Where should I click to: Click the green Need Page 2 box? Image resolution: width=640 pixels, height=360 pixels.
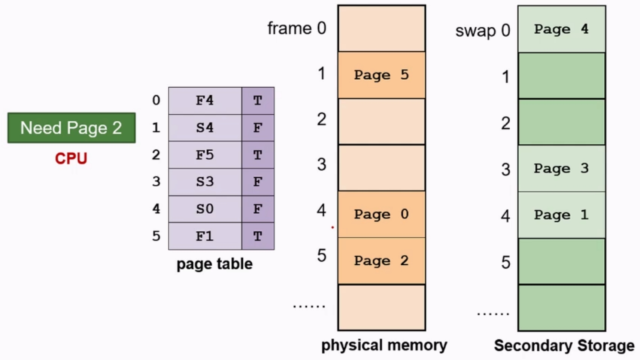tap(71, 128)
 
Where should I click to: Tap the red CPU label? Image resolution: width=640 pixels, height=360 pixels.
tap(71, 158)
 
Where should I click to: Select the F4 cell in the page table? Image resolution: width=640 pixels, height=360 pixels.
tap(205, 101)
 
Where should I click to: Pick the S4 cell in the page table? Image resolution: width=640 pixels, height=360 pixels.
tap(205, 128)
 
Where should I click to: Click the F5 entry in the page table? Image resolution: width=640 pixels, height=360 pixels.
tap(205, 155)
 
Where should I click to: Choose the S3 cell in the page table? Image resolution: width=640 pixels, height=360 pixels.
tap(205, 182)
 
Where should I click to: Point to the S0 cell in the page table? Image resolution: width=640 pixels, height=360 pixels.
tap(205, 209)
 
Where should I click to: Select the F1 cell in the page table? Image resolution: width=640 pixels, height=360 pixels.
tap(205, 236)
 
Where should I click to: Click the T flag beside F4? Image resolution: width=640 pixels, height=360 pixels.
tap(258, 101)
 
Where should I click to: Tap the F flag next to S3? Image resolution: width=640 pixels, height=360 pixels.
tap(258, 182)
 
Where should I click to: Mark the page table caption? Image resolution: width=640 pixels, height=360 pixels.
tap(215, 264)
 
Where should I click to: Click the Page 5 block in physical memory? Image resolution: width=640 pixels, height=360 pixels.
tap(381, 75)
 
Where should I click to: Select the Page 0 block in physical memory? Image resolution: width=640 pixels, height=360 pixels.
tap(381, 214)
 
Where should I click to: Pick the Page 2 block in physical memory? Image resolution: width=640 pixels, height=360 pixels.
tap(381, 261)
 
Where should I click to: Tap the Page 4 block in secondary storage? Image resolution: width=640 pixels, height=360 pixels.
tap(561, 29)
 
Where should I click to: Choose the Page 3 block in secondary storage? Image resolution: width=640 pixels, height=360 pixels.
tap(561, 168)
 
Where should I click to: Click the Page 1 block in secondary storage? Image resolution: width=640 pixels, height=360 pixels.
tap(561, 215)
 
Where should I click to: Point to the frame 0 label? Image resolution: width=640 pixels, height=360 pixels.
tap(297, 28)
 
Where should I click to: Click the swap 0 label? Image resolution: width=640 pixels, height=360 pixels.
tap(483, 31)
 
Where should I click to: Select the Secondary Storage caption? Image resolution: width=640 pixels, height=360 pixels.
tap(564, 345)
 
